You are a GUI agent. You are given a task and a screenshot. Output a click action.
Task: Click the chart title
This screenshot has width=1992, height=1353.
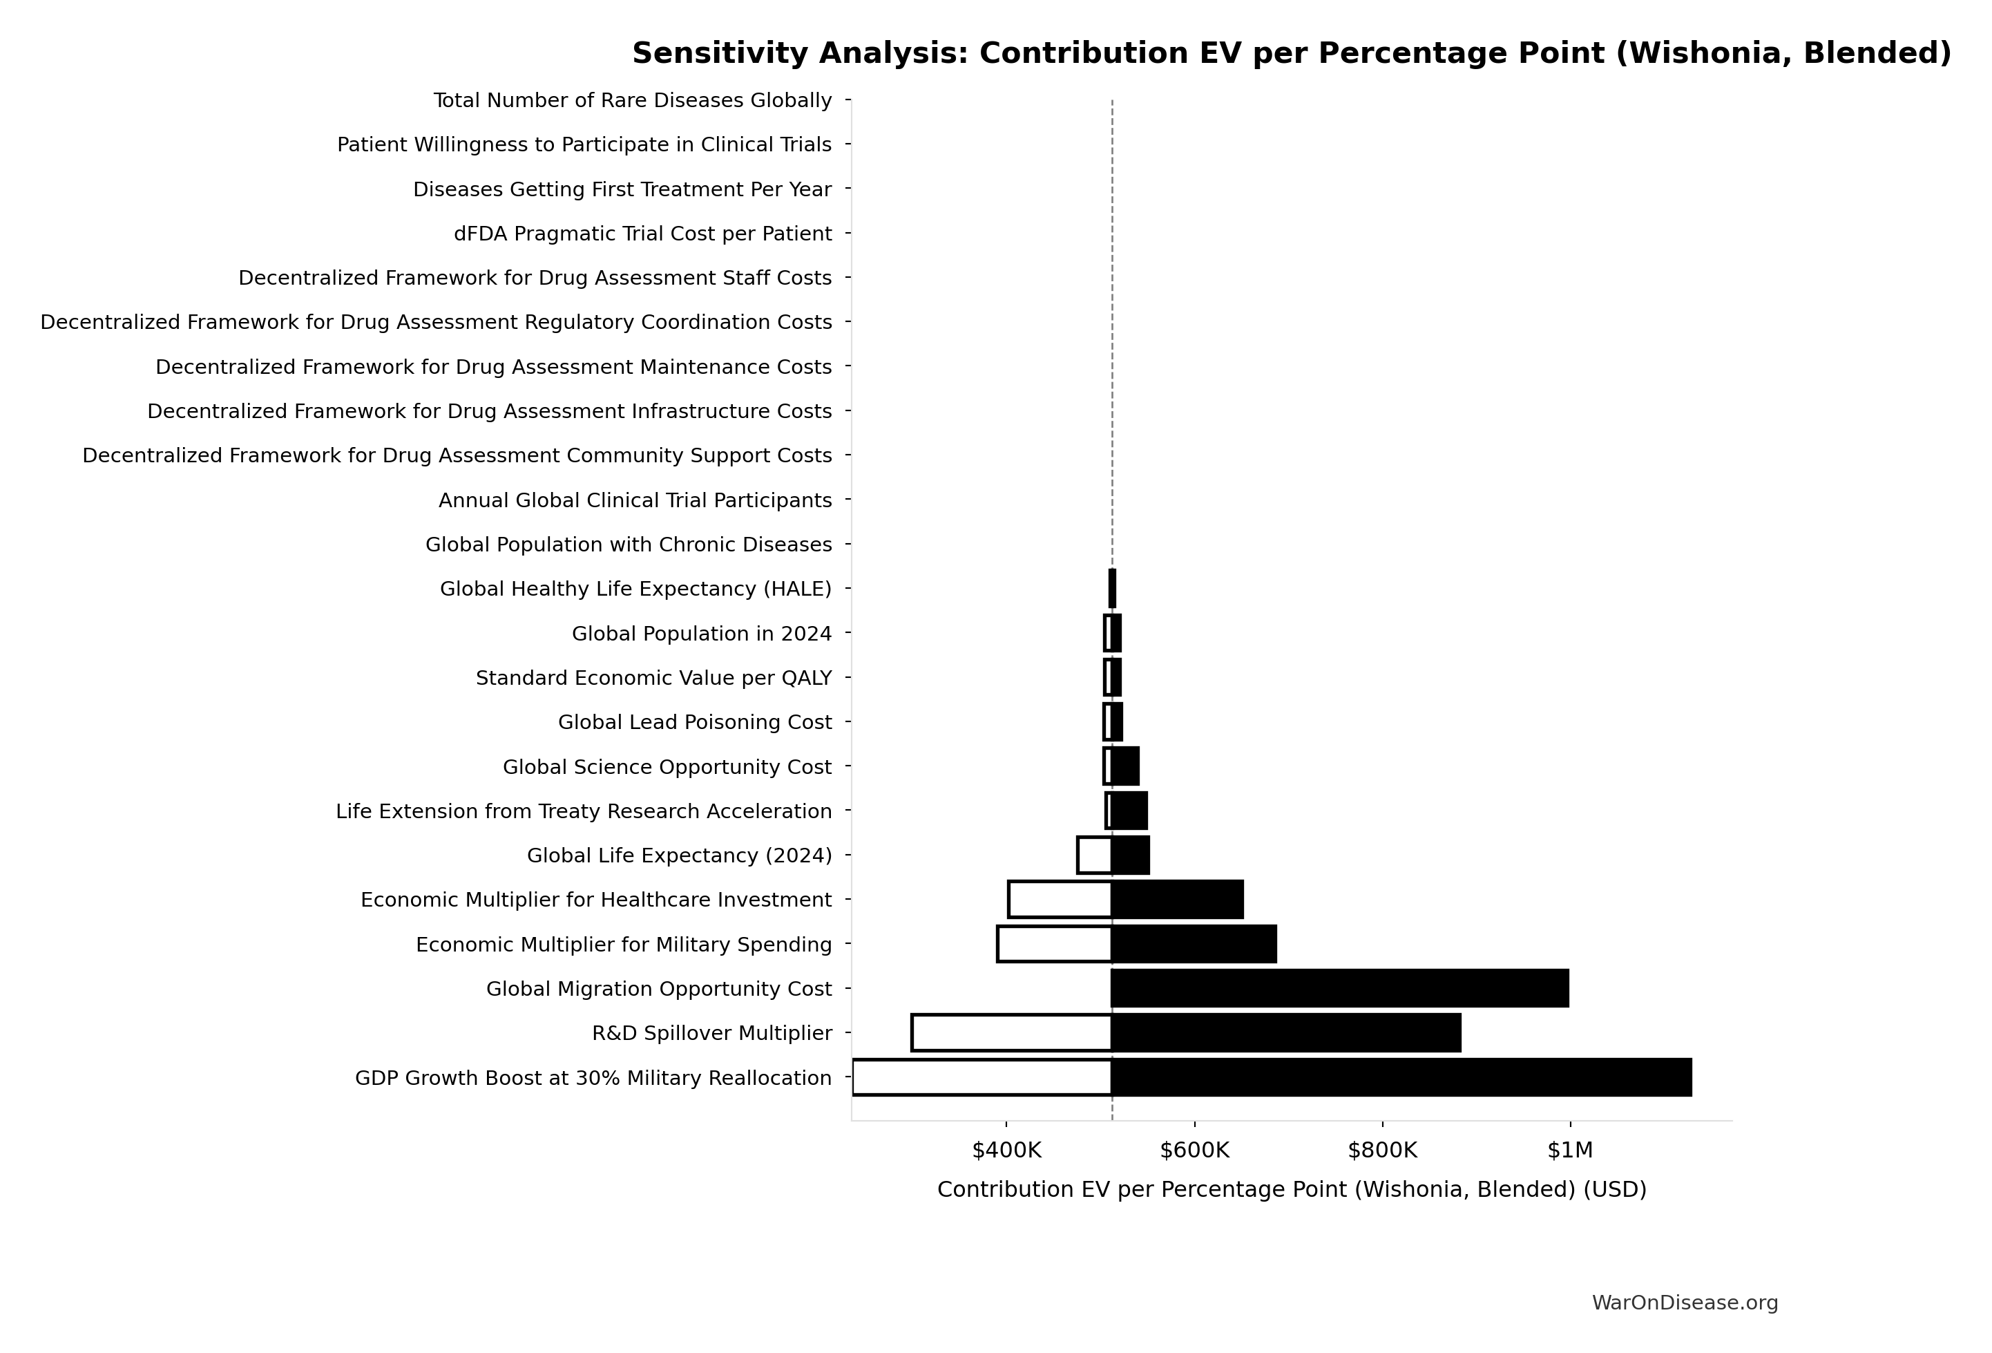(x=1292, y=53)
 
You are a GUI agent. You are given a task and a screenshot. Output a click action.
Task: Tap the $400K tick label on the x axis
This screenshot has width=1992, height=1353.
(x=1006, y=1150)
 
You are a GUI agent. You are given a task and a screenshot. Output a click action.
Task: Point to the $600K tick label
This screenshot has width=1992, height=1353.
(x=1194, y=1150)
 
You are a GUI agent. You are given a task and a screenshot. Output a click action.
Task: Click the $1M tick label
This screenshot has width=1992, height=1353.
(x=1569, y=1150)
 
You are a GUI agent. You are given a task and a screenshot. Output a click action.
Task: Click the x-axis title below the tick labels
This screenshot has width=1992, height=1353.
(x=1292, y=1189)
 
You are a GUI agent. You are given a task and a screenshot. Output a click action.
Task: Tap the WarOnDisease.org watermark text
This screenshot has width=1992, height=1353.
(x=1684, y=1303)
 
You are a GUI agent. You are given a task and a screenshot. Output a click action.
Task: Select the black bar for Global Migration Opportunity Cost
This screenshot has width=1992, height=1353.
(x=1340, y=989)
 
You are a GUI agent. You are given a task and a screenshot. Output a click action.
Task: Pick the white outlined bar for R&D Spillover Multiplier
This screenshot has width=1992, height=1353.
(x=1011, y=1032)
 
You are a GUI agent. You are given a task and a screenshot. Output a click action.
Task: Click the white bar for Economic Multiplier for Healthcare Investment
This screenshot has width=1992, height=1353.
(x=1060, y=900)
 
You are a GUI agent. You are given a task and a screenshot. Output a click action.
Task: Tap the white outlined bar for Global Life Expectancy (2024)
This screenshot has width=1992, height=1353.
(x=1095, y=855)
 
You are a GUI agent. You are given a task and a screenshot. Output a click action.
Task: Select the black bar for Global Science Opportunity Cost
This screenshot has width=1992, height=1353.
(x=1125, y=766)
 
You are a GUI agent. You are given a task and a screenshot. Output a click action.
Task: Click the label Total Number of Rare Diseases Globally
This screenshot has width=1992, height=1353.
(x=633, y=100)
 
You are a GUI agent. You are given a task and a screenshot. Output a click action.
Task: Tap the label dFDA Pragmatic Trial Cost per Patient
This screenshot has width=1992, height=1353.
(x=643, y=234)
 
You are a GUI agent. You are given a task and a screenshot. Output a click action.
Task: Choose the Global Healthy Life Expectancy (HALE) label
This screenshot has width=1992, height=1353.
(x=635, y=589)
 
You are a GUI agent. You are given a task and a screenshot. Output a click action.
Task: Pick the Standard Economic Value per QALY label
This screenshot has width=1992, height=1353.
(x=653, y=678)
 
